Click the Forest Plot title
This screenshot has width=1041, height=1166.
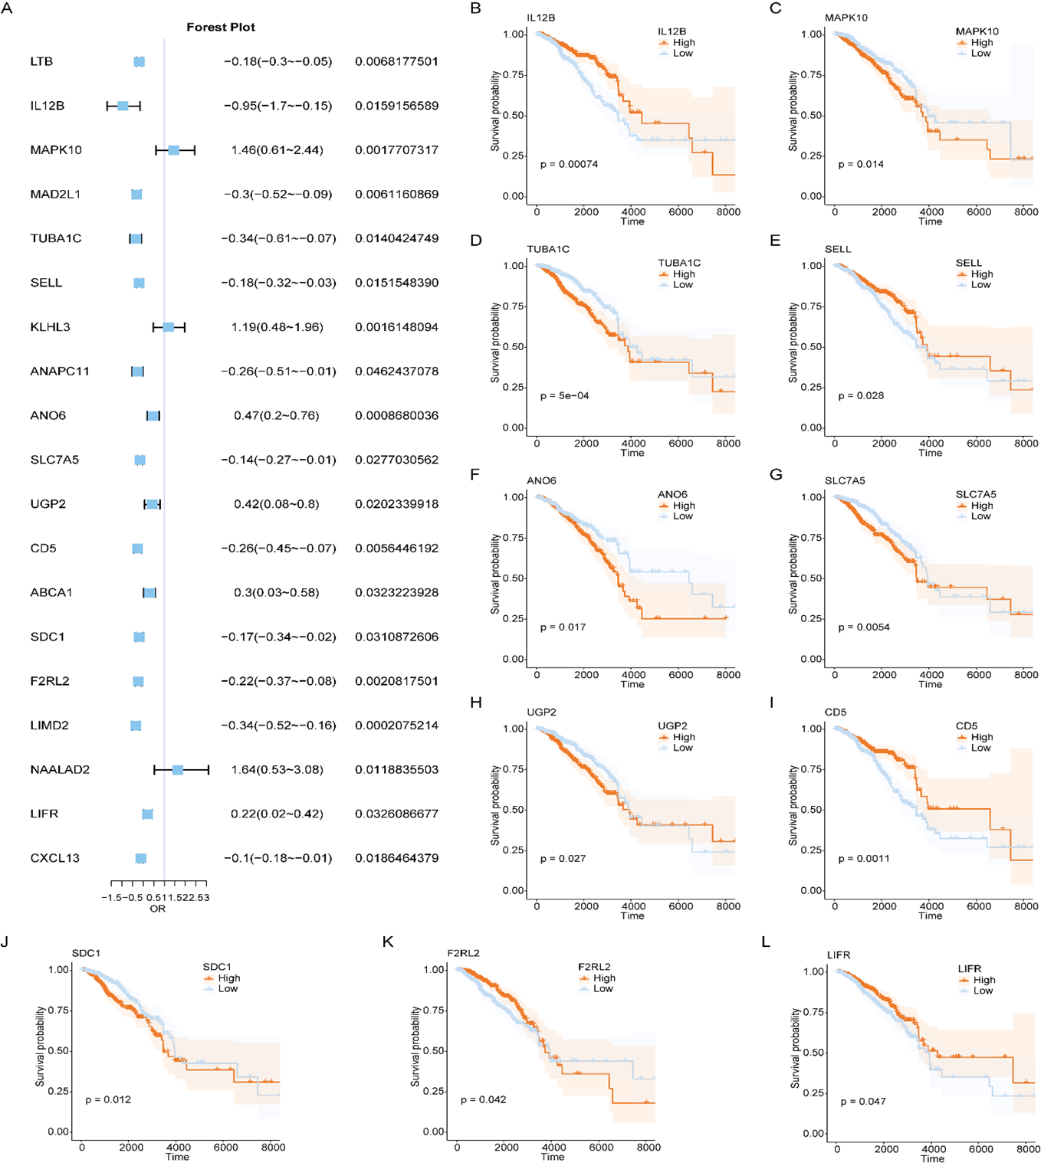[221, 27]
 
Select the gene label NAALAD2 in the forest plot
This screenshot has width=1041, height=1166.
[60, 769]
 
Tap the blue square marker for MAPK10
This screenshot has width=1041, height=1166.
[174, 150]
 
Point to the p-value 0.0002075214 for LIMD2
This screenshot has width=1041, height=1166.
[396, 725]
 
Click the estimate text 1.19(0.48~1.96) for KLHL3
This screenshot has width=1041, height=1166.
[277, 327]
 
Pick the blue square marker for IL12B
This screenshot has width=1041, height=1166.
[123, 106]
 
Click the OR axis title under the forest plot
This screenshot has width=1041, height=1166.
[157, 909]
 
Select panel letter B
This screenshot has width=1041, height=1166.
[476, 8]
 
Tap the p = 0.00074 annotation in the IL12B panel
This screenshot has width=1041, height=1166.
[569, 164]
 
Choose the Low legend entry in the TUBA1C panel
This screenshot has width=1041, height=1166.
[682, 284]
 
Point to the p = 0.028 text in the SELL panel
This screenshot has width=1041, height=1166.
[861, 395]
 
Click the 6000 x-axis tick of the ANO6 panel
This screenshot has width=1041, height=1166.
[681, 675]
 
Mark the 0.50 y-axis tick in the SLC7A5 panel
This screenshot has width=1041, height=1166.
[812, 578]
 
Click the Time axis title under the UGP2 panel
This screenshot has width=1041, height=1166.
[632, 915]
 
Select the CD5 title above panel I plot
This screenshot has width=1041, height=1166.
[836, 712]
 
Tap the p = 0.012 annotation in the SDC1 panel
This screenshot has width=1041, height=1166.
[108, 1099]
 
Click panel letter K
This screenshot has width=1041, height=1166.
[388, 942]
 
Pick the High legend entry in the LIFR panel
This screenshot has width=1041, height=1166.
[984, 980]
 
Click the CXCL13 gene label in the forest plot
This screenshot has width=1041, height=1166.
[54, 858]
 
